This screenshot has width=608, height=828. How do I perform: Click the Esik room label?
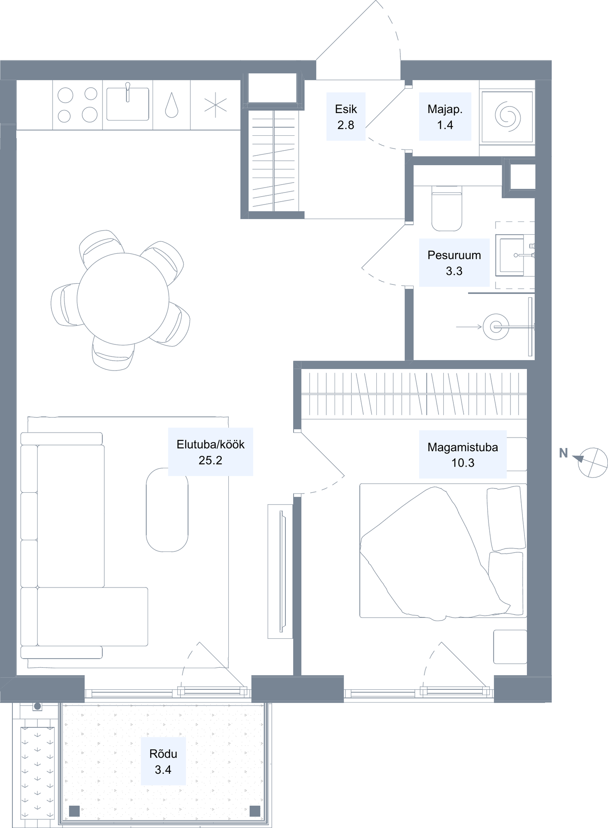346,117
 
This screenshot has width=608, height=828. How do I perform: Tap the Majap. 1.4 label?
445,117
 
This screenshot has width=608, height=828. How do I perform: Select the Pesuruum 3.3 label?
454,262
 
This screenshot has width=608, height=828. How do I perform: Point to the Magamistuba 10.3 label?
463,455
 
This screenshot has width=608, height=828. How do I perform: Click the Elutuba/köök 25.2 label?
211,452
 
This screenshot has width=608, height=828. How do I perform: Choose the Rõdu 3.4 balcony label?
163,761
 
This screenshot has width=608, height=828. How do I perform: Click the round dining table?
123,299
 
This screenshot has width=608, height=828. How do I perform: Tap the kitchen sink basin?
128,104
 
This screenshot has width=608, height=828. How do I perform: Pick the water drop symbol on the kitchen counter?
172,105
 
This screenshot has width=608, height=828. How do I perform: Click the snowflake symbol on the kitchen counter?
215,105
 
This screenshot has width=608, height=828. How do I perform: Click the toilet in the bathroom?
447,208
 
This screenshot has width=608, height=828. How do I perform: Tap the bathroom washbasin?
513,255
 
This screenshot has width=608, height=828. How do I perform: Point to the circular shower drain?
496,327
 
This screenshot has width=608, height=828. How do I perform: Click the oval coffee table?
167,510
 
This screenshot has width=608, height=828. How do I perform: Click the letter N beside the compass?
563,453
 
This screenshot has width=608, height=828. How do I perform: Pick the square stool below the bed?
510,647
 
